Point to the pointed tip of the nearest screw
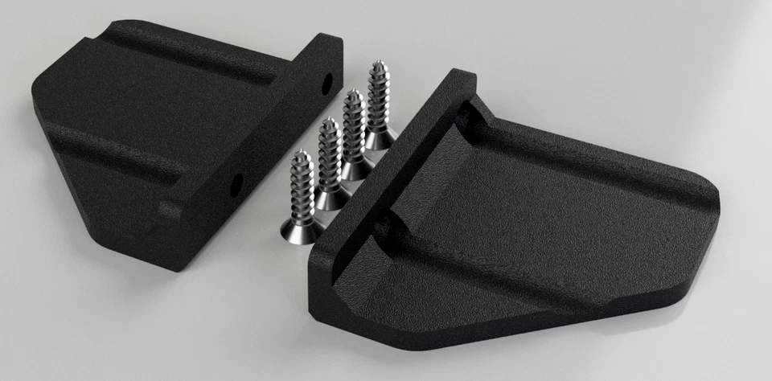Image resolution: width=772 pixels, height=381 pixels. [x=299, y=153]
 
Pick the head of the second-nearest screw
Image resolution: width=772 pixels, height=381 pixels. [x=330, y=198]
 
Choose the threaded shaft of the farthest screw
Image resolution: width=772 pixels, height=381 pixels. [x=377, y=96]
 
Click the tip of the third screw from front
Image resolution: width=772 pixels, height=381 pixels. [x=351, y=93]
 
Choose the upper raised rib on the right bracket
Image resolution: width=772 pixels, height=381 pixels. [x=595, y=153]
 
